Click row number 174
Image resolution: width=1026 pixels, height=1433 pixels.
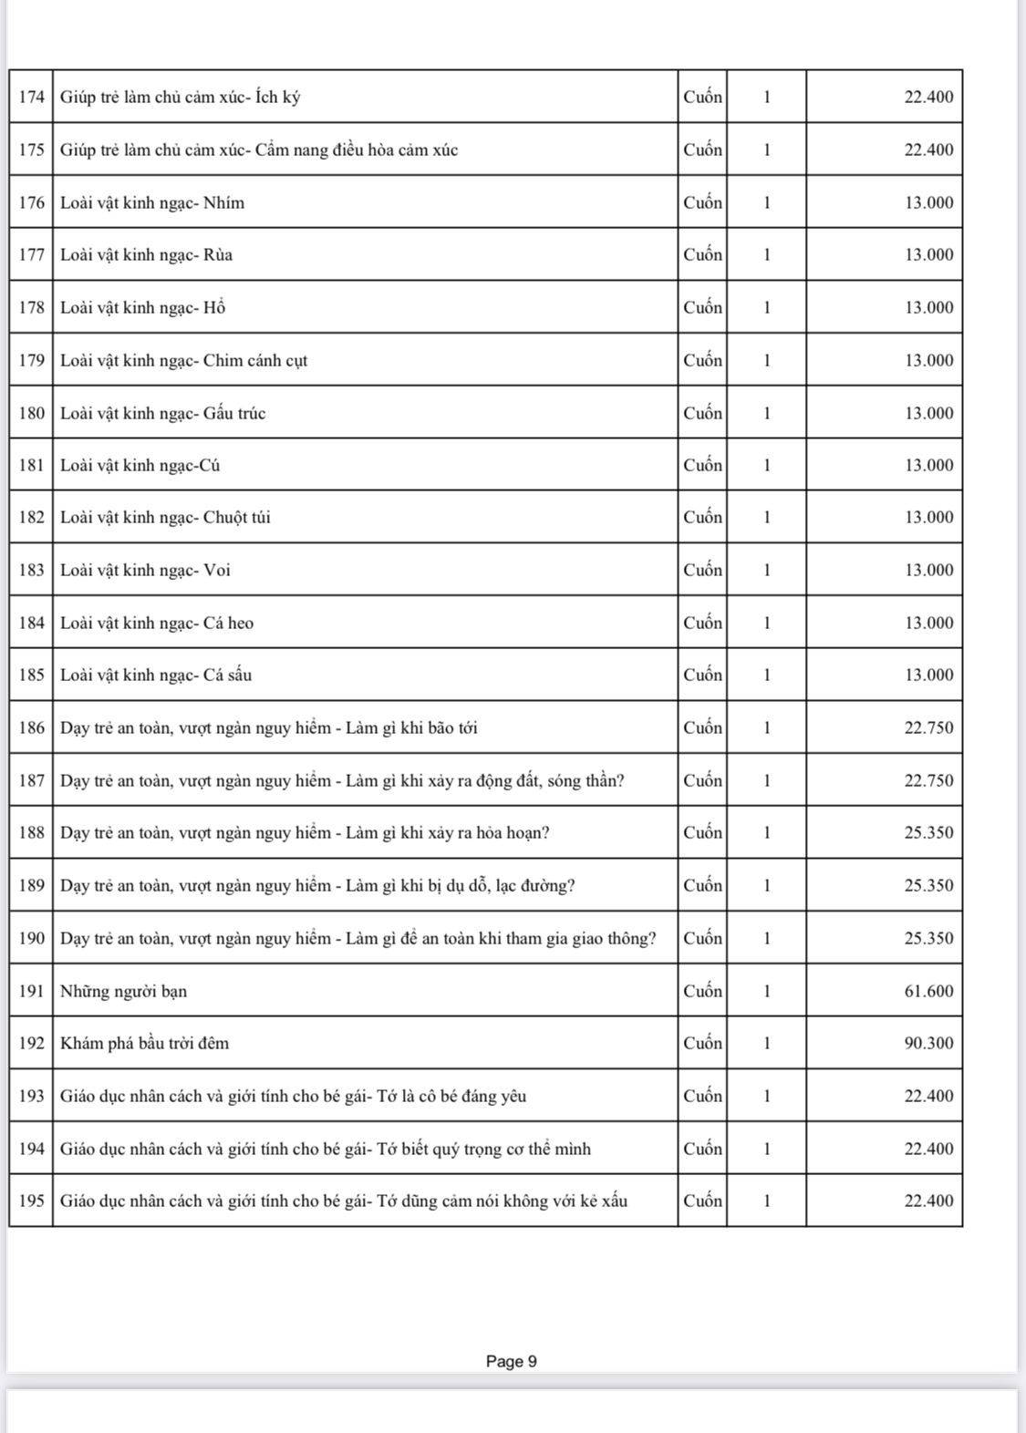(x=31, y=97)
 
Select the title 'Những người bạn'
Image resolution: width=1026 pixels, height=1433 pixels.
(x=123, y=991)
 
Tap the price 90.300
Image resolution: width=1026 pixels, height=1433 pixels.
(x=928, y=1043)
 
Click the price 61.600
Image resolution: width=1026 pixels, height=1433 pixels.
(x=928, y=991)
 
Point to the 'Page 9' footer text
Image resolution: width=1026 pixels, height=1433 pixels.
(x=511, y=1361)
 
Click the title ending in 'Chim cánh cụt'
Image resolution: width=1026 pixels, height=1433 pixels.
(x=183, y=360)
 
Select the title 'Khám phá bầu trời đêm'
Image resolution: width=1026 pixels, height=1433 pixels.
(x=144, y=1043)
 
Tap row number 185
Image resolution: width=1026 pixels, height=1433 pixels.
(x=31, y=675)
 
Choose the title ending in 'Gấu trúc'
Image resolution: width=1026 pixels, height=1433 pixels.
(x=162, y=413)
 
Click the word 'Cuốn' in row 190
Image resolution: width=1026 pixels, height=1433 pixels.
(x=702, y=938)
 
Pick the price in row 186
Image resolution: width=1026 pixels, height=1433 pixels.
(x=928, y=727)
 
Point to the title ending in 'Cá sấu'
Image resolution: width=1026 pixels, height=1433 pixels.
(x=156, y=675)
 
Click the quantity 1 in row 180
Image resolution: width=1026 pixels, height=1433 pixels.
(x=766, y=413)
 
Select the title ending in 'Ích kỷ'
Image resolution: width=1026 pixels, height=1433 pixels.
(x=180, y=97)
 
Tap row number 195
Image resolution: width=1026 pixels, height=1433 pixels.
(x=31, y=1201)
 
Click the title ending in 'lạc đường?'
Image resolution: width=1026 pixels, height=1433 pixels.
(x=317, y=885)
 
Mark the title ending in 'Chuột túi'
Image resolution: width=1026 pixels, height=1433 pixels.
(x=165, y=517)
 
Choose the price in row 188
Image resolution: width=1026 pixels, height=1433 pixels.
(x=928, y=832)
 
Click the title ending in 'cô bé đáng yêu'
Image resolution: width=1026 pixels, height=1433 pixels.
(x=293, y=1096)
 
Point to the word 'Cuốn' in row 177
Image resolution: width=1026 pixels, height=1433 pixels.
(x=702, y=254)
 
